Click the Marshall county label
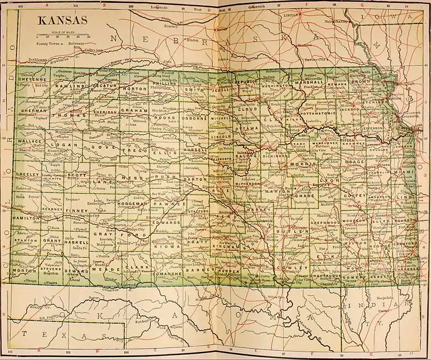tap(310, 83)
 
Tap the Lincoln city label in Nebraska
tap(292, 16)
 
